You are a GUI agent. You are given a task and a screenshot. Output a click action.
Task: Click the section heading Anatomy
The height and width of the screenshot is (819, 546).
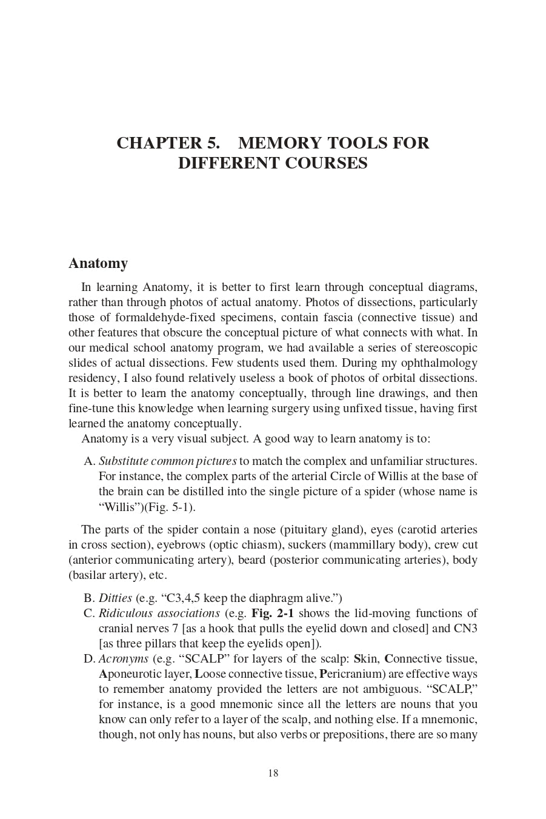click(x=98, y=264)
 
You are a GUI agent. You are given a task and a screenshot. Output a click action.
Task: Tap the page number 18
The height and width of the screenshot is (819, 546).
click(x=273, y=773)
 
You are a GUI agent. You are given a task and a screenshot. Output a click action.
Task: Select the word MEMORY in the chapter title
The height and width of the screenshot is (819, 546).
click(x=279, y=143)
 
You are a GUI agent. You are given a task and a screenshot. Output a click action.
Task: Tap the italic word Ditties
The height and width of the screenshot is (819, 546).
click(x=115, y=598)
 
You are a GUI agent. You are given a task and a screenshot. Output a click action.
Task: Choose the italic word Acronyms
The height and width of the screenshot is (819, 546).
click(x=124, y=659)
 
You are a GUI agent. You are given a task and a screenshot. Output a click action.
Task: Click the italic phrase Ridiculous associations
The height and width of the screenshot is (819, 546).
click(x=159, y=613)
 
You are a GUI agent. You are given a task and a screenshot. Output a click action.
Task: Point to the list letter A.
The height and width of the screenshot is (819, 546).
click(x=89, y=461)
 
